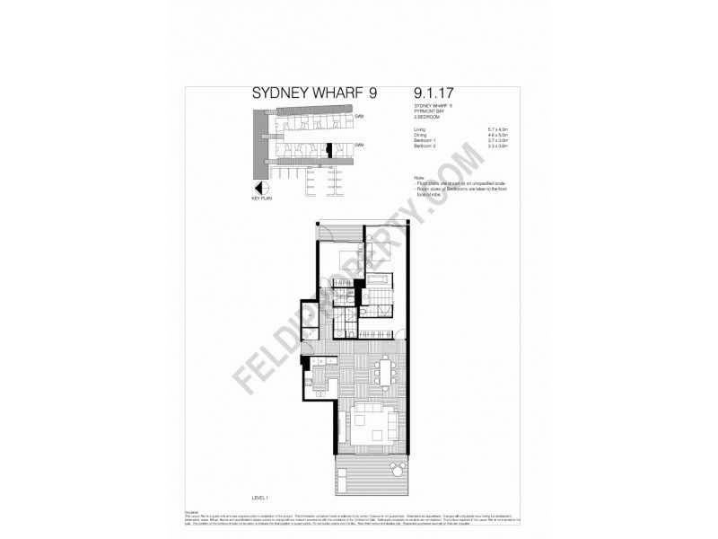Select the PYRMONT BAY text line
[x=427, y=110]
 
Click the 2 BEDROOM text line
[x=425, y=116]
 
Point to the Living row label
[x=420, y=130]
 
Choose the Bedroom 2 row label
[x=425, y=146]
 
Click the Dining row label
[x=420, y=136]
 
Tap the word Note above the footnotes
[x=418, y=178]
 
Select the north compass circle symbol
[x=262, y=189]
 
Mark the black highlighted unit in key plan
[x=328, y=147]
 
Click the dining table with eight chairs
[x=387, y=371]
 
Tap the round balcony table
[x=395, y=467]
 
